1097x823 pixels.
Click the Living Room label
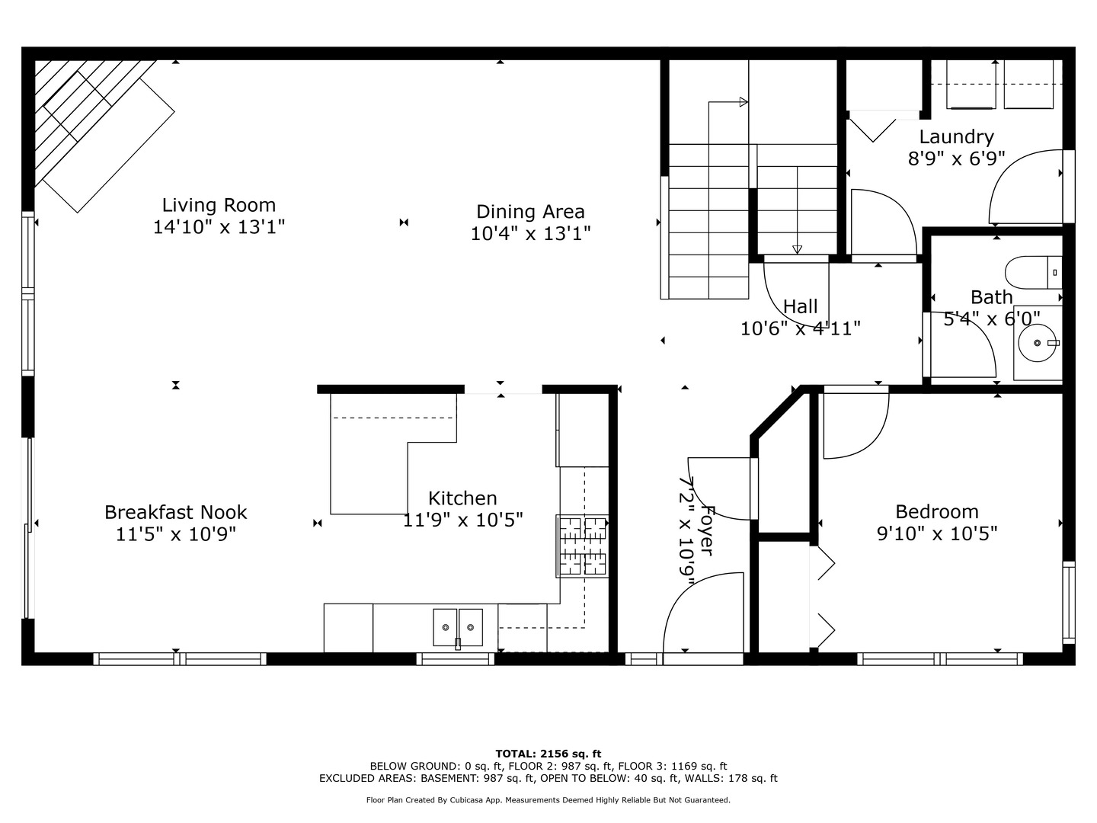tap(219, 205)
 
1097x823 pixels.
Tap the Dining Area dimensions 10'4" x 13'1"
tap(530, 233)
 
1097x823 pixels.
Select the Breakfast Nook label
tap(175, 512)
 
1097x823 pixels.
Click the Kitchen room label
tap(462, 498)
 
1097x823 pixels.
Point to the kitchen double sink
tap(458, 627)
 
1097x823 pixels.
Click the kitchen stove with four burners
tap(583, 546)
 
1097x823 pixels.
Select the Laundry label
tap(956, 137)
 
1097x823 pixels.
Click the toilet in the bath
tap(1032, 272)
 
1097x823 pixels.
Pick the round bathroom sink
tap(1038, 344)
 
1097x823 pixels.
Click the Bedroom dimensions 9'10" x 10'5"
tap(937, 533)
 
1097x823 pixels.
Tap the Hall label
tap(800, 306)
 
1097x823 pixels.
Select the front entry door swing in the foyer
tap(701, 613)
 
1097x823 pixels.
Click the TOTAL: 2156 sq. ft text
tap(548, 754)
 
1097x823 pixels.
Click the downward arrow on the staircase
tap(797, 249)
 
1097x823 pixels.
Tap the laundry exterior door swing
tap(1025, 187)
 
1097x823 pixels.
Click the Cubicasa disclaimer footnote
tap(548, 800)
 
